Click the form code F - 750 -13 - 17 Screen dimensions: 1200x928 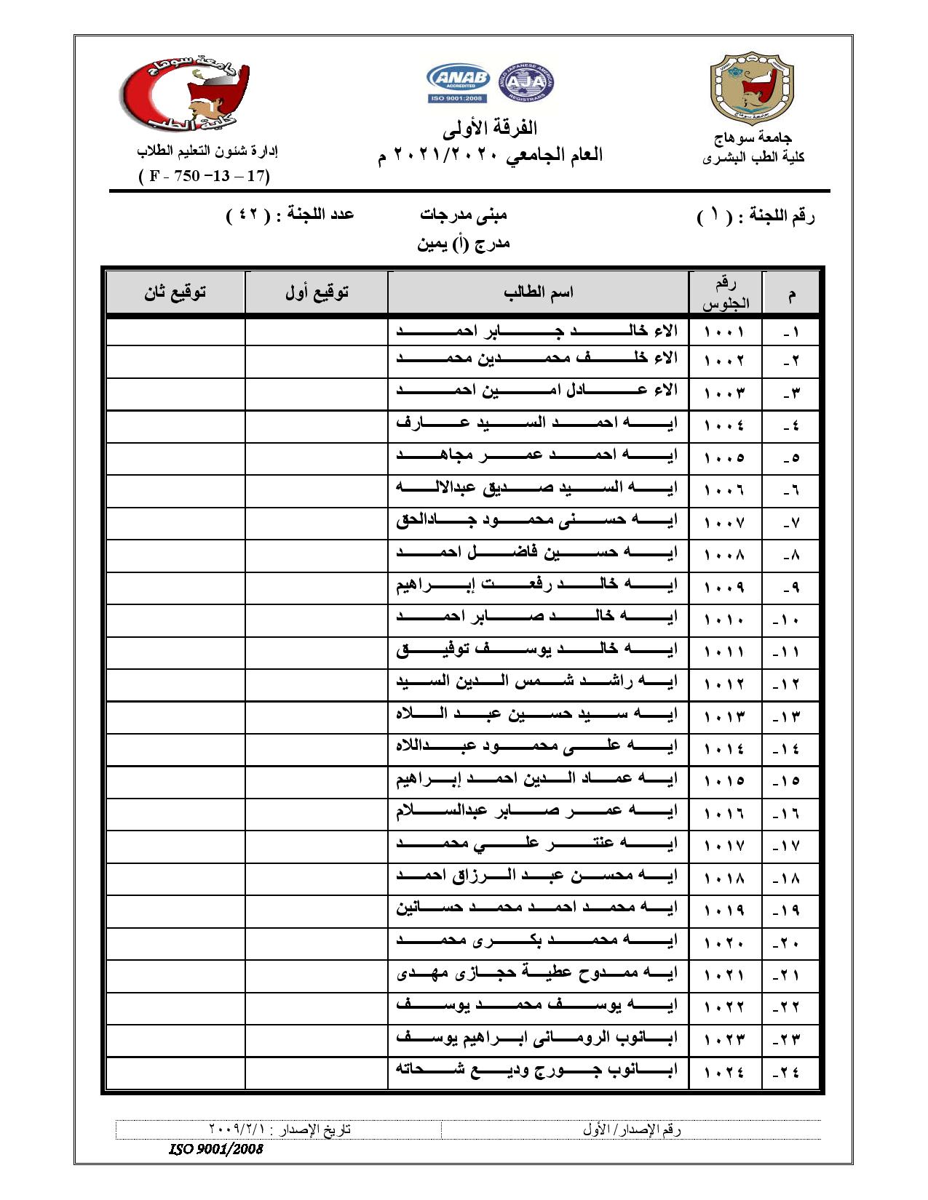coord(205,176)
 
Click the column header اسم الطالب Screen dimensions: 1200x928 coord(538,292)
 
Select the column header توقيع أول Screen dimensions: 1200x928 coord(317,292)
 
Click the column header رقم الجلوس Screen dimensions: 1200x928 coord(725,293)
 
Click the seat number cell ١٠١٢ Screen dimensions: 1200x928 coord(725,684)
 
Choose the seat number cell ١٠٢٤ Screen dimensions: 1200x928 coord(725,1072)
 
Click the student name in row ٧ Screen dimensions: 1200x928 coord(537,521)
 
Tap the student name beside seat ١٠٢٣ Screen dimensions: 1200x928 coord(537,1039)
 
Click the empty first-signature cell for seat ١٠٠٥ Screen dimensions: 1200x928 coord(317,458)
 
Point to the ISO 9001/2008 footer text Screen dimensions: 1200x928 coord(215,1150)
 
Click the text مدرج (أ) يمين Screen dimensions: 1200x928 coord(464,244)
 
